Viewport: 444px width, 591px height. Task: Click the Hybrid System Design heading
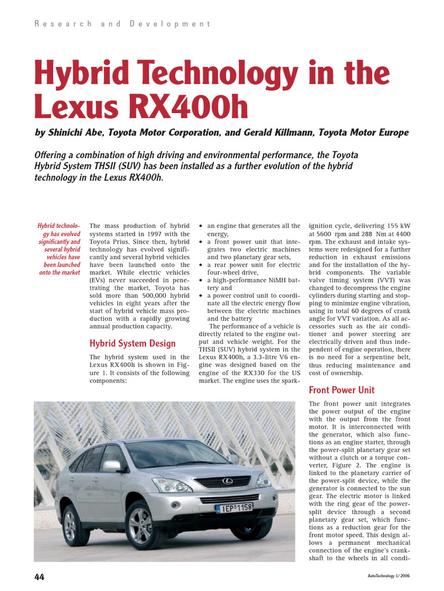point(132,343)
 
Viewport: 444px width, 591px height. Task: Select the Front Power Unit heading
point(342,390)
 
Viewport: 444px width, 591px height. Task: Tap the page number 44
point(39,577)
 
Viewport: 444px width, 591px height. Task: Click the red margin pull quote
point(59,249)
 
